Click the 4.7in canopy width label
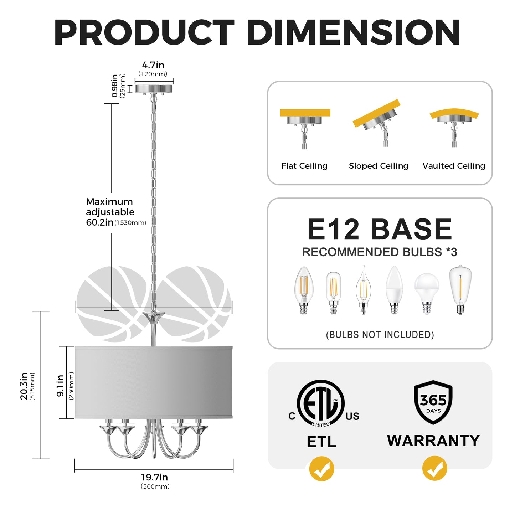coord(153,65)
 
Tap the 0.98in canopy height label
coord(115,86)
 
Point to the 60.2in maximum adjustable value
coord(100,222)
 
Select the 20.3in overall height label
coord(24,386)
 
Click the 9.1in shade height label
coord(61,386)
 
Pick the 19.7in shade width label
coord(154,477)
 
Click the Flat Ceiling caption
coord(304,166)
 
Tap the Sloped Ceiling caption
coord(378,166)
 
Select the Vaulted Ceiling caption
coord(454,166)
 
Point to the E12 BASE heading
coord(380,229)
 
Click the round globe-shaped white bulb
coord(427,293)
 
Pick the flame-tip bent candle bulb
coord(363,290)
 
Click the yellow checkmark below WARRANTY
coord(434,469)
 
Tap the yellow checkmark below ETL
coord(321,469)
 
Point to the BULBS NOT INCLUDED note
coord(380,335)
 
